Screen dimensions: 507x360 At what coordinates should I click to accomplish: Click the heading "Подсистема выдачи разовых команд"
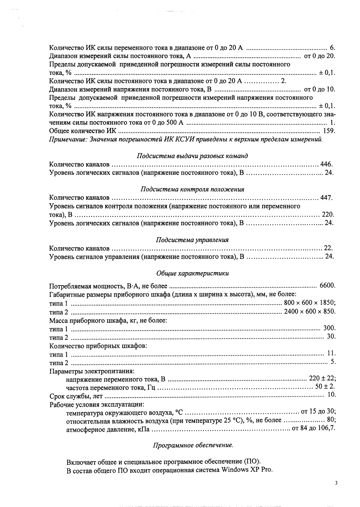pyautogui.click(x=192, y=156)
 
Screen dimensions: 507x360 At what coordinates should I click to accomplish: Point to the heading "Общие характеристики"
pyautogui.click(x=192, y=273)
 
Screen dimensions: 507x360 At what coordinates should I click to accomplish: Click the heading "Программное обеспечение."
pyautogui.click(x=193, y=445)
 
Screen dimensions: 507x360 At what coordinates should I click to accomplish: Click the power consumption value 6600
pyautogui.click(x=327, y=286)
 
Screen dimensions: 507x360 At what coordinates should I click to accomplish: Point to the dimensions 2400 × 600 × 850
pyautogui.click(x=309, y=311)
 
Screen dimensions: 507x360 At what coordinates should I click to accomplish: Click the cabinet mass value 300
pyautogui.click(x=329, y=328)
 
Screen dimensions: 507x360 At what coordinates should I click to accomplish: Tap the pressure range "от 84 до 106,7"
pyautogui.click(x=313, y=428)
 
